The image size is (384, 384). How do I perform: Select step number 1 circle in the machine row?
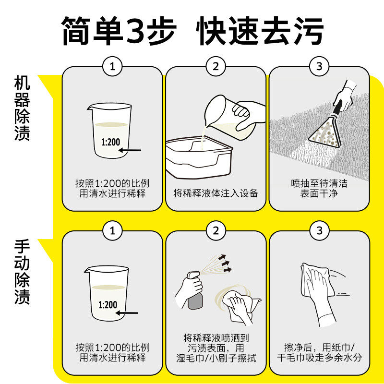(x=112, y=67)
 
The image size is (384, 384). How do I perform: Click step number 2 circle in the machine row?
(x=216, y=67)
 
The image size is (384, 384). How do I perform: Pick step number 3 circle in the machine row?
(x=319, y=67)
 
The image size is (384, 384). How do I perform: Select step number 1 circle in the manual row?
(x=112, y=231)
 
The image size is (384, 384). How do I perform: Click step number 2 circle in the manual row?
(x=216, y=231)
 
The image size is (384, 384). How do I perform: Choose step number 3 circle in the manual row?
(x=319, y=231)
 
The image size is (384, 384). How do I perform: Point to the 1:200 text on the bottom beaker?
(x=108, y=305)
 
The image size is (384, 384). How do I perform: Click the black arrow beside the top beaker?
(x=130, y=150)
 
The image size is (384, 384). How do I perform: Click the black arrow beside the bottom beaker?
(x=128, y=314)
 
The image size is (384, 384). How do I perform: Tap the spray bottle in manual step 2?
(x=194, y=291)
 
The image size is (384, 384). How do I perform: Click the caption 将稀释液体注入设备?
(x=216, y=193)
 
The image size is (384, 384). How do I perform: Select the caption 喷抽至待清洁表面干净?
(x=319, y=189)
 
